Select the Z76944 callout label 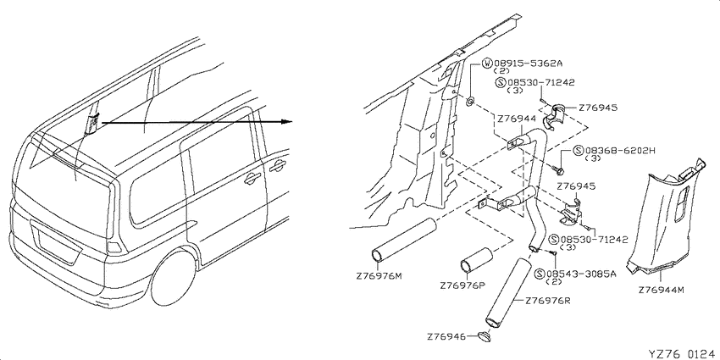pos(517,119)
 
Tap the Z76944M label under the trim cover pos(662,291)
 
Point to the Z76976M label pos(379,276)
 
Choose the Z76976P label pos(462,285)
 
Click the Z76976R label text pos(547,302)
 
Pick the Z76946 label pos(446,337)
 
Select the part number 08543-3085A pos(581,274)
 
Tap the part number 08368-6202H pos(620,151)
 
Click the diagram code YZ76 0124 pos(681,354)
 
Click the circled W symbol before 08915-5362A pos(488,64)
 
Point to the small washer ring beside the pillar pos(471,101)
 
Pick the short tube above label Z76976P pos(476,260)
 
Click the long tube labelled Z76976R pos(509,293)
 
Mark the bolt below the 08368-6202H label pos(558,170)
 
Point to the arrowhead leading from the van pos(287,122)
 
